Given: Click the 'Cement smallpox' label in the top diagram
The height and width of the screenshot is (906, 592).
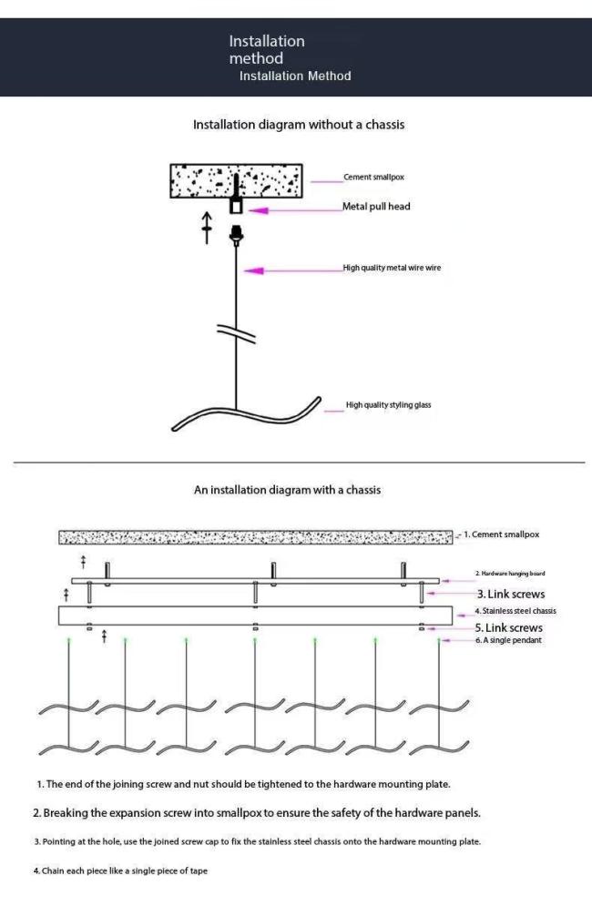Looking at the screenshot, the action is coord(373,177).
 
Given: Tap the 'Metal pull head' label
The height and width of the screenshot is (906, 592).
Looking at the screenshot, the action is coord(376,207).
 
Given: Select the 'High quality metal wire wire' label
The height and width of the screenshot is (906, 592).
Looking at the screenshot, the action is coord(392,268).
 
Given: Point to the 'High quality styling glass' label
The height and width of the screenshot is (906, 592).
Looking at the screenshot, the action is coord(389,405).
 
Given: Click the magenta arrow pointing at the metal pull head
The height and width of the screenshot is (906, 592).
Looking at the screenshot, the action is coord(295,210).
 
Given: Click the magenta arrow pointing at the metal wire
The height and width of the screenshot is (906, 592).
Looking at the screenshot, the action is coord(293,270).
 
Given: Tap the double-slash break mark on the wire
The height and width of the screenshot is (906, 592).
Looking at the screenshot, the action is coord(236,333).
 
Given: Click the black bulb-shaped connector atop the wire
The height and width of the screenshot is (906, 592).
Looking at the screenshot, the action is coord(236,234).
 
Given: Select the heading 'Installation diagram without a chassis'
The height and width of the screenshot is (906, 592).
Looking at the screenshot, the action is coord(299,125).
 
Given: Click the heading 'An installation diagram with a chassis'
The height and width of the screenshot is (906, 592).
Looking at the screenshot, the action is coord(287,490).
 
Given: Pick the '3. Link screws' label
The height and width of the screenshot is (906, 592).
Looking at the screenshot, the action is coord(510,594).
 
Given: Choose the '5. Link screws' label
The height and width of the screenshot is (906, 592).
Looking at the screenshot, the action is coord(509,627).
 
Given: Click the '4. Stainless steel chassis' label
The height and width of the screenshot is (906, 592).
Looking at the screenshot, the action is coord(515,611).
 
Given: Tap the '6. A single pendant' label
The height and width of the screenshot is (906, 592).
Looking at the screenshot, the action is coord(509,640).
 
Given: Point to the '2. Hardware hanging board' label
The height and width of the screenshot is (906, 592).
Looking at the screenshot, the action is coord(510,574).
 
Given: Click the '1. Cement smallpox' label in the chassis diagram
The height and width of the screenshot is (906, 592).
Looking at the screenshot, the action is coord(501,534).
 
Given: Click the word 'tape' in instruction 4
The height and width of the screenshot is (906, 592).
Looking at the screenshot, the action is coord(199,870).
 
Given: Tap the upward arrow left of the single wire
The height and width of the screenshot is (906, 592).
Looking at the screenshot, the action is coord(207,228).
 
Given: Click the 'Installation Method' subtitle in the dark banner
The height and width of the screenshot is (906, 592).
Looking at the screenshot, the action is coord(295,76).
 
